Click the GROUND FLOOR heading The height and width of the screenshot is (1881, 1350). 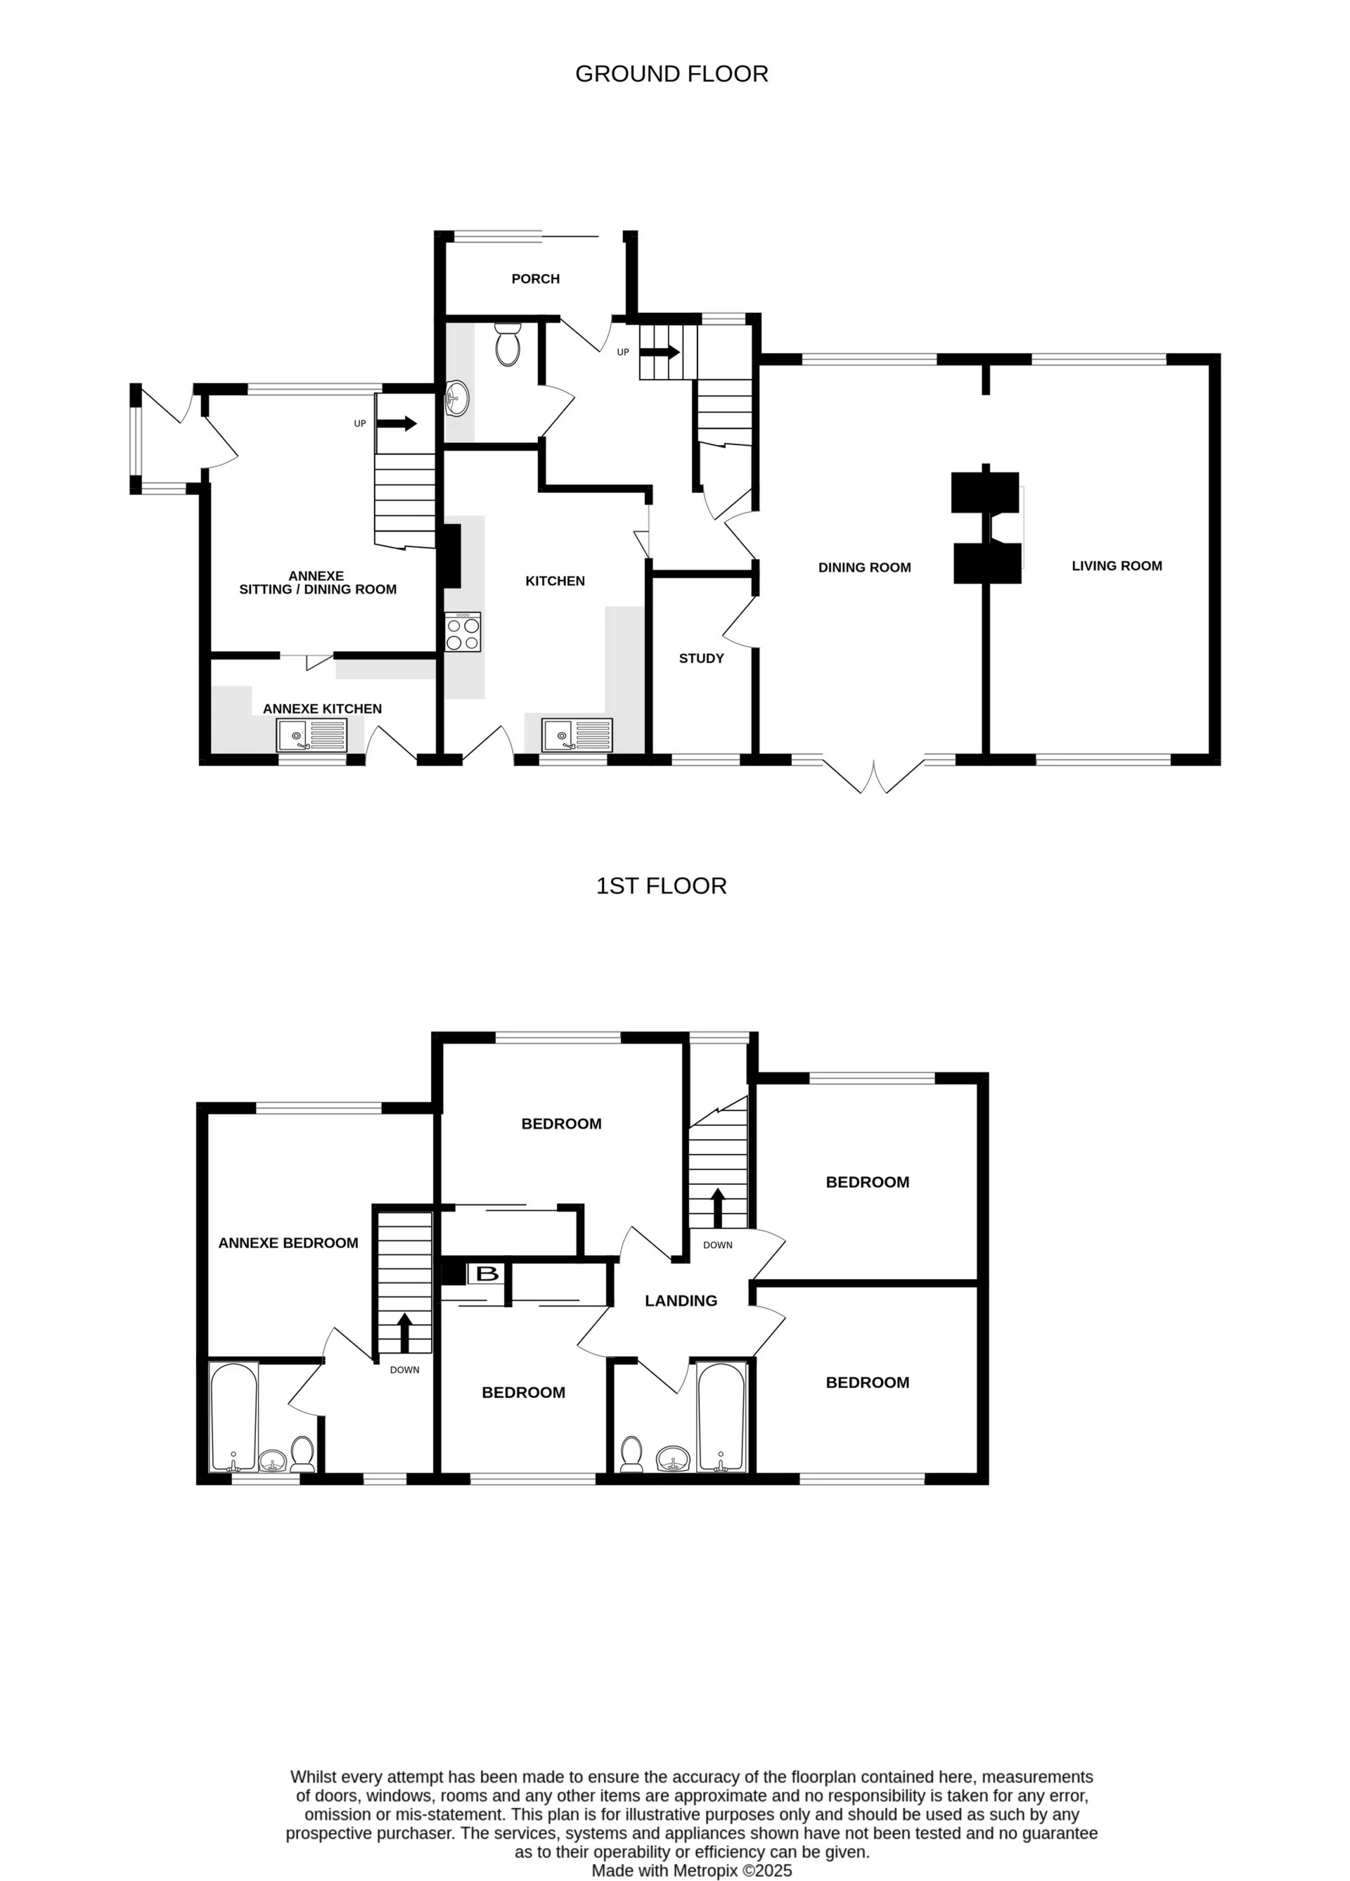(x=671, y=74)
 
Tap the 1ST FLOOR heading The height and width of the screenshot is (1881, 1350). (x=661, y=886)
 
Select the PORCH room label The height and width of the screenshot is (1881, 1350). (x=535, y=278)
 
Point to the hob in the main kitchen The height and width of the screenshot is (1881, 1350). (x=463, y=632)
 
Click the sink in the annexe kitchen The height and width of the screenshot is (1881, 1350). (x=311, y=736)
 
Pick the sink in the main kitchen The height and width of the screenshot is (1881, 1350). (x=577, y=736)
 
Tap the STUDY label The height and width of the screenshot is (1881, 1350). (x=701, y=658)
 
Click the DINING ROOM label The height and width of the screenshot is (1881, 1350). (x=864, y=567)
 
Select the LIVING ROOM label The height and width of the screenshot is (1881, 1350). (x=1116, y=565)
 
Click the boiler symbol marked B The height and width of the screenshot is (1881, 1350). (x=487, y=1273)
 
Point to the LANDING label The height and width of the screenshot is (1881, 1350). (x=681, y=1300)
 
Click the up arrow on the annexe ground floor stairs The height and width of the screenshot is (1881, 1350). (x=398, y=424)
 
